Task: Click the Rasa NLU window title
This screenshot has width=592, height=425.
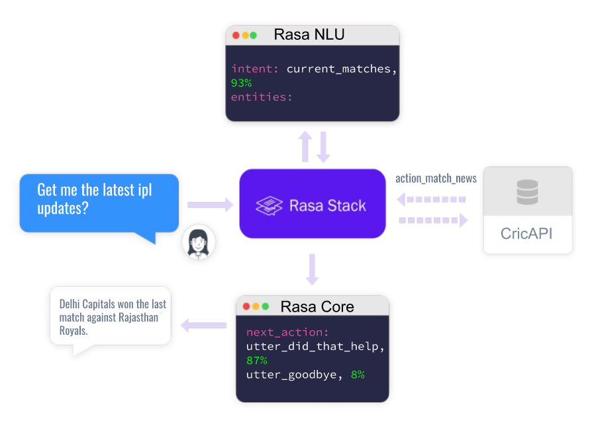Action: (x=309, y=34)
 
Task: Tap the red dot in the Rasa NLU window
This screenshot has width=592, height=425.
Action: (x=236, y=36)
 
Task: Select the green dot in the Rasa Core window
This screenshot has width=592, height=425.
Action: (x=266, y=306)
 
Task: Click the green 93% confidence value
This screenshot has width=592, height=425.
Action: (x=241, y=83)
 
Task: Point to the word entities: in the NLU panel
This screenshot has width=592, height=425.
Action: (x=262, y=97)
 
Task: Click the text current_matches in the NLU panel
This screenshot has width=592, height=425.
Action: (x=338, y=69)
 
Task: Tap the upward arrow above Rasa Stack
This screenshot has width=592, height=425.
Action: (x=305, y=147)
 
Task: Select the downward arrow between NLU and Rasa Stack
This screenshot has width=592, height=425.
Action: (x=323, y=147)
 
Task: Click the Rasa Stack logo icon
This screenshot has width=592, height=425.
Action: (x=270, y=206)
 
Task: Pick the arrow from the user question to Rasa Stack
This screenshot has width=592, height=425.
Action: (x=211, y=205)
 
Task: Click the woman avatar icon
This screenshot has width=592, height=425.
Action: (x=199, y=243)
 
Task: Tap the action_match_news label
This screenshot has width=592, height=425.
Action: (x=436, y=178)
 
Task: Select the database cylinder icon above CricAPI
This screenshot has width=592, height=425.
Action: (x=528, y=192)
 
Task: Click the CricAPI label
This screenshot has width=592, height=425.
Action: (x=526, y=233)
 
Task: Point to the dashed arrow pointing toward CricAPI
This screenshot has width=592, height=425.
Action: (x=434, y=220)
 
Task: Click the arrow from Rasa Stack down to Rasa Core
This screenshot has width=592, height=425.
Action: (x=312, y=270)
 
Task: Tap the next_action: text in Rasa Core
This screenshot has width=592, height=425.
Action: (x=287, y=332)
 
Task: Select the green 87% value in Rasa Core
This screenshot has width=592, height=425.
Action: (x=257, y=361)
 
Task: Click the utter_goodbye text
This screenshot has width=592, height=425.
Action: (x=291, y=375)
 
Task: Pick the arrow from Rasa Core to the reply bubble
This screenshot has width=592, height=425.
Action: (x=203, y=325)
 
